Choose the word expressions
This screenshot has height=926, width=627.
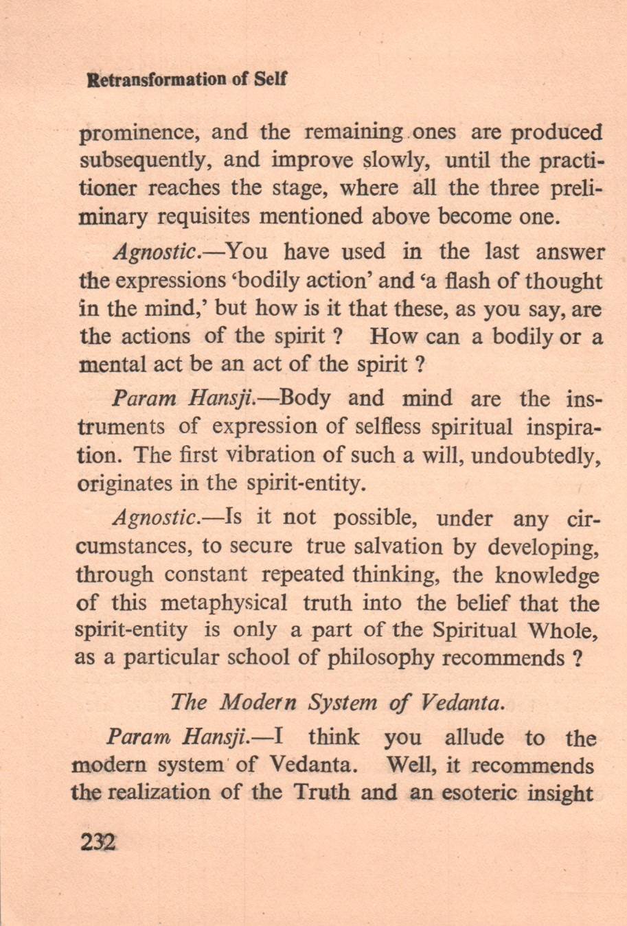[x=164, y=281]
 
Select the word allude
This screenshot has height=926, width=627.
[x=473, y=738]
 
